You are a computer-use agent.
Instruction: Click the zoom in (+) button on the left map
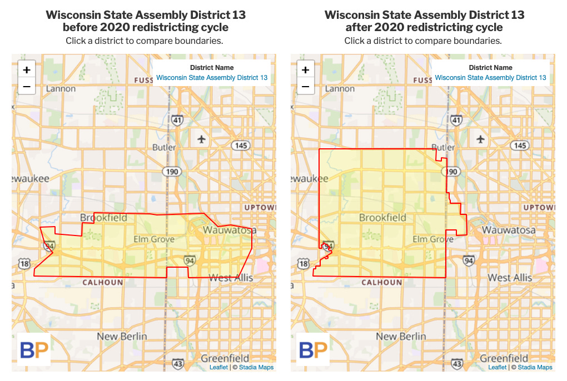27,70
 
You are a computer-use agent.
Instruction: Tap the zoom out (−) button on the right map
305,86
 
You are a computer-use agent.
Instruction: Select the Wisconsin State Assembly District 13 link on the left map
212,78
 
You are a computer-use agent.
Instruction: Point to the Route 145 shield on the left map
241,146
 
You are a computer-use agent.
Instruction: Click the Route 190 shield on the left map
172,172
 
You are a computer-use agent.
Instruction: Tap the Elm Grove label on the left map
154,239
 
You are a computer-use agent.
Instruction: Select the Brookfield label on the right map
382,218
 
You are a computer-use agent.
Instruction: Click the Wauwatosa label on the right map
509,230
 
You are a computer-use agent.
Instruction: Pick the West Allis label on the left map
231,277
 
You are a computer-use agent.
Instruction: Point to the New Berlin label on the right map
401,336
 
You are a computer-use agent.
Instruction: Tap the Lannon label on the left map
61,89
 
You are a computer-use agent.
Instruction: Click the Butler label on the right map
443,148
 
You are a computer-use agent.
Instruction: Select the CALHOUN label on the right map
381,282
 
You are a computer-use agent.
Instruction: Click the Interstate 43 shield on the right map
456,364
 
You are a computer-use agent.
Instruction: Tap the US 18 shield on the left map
24,264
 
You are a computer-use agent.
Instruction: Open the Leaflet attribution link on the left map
218,367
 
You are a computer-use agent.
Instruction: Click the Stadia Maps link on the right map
535,367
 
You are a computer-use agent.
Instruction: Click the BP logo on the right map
313,350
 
